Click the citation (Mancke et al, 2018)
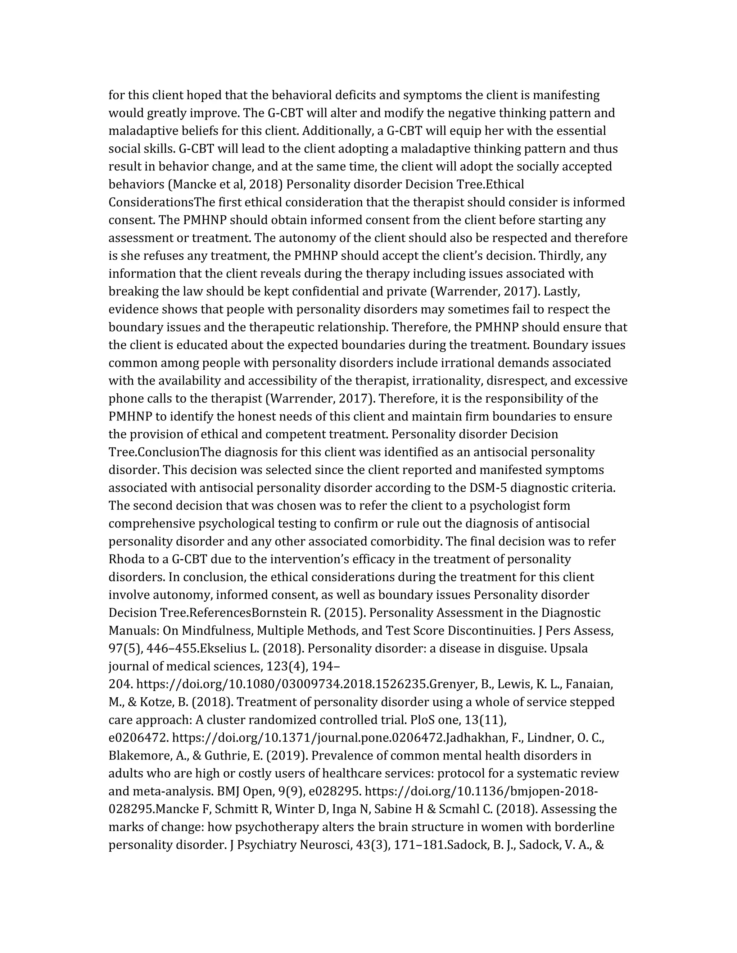point(225,184)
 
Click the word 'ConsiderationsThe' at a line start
point(151,202)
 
